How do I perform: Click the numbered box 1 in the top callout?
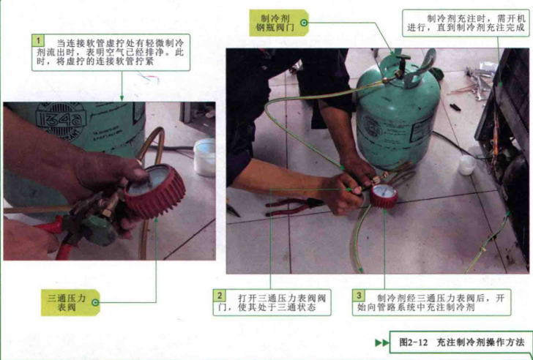pos(38,41)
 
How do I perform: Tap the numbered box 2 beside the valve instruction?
pos(219,296)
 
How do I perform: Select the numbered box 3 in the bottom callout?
pos(359,296)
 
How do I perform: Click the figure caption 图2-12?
pos(413,342)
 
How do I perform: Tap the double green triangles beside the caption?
pos(382,342)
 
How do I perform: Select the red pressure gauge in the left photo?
pos(154,191)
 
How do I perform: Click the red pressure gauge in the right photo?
pos(384,195)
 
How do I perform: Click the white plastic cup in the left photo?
pos(205,157)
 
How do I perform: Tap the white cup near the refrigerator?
pos(466,165)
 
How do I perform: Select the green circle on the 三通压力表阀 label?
pos(95,302)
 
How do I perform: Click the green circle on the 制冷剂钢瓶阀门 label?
pos(304,23)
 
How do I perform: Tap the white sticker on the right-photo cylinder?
pos(422,128)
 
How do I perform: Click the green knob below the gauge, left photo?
pos(98,231)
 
